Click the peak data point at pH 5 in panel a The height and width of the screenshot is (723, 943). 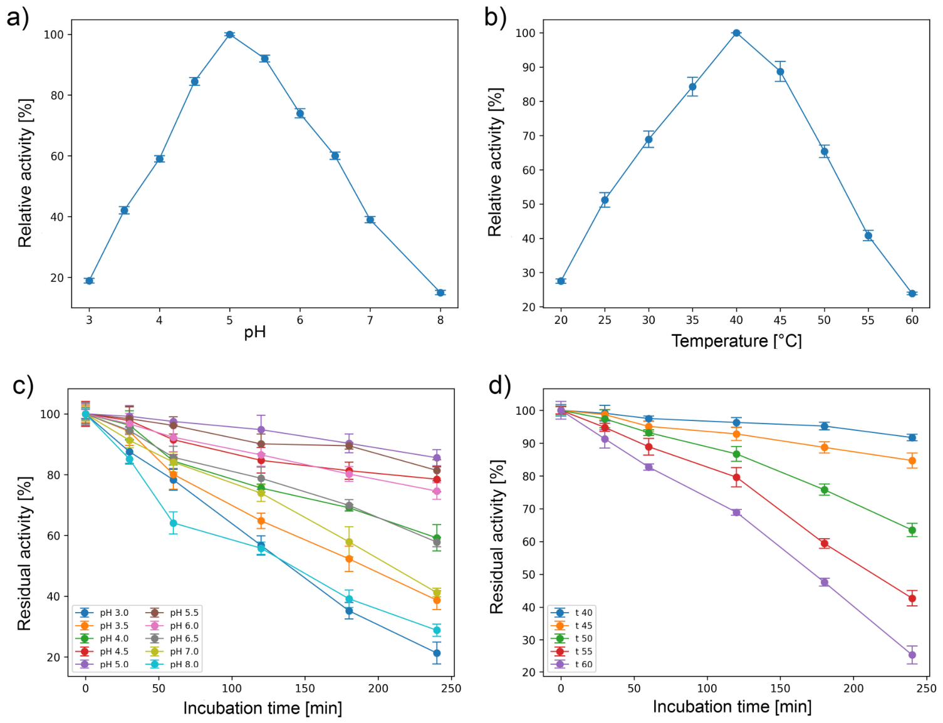point(229,34)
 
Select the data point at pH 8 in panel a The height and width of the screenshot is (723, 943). point(440,293)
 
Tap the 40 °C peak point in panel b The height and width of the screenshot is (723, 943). point(736,33)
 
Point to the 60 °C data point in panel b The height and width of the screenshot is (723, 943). point(912,294)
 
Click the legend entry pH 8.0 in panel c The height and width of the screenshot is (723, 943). point(174,664)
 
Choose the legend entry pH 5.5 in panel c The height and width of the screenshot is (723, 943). point(174,612)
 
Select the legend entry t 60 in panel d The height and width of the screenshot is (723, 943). point(572,664)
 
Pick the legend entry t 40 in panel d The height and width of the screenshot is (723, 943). point(572,612)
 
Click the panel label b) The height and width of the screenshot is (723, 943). point(495,18)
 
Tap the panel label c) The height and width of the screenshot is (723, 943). point(23,385)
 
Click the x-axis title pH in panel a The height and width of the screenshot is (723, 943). point(255,333)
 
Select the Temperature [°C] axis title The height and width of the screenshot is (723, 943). point(736,341)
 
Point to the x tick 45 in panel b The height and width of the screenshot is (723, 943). point(780,320)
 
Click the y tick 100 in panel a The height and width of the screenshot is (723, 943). point(53,34)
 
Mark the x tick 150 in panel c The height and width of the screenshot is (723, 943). point(305,689)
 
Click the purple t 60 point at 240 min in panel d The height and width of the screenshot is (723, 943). point(912,655)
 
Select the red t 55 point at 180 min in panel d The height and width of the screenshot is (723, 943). point(824,543)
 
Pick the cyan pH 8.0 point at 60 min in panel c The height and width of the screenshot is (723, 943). point(173,523)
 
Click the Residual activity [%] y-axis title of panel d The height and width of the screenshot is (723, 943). point(496,536)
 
